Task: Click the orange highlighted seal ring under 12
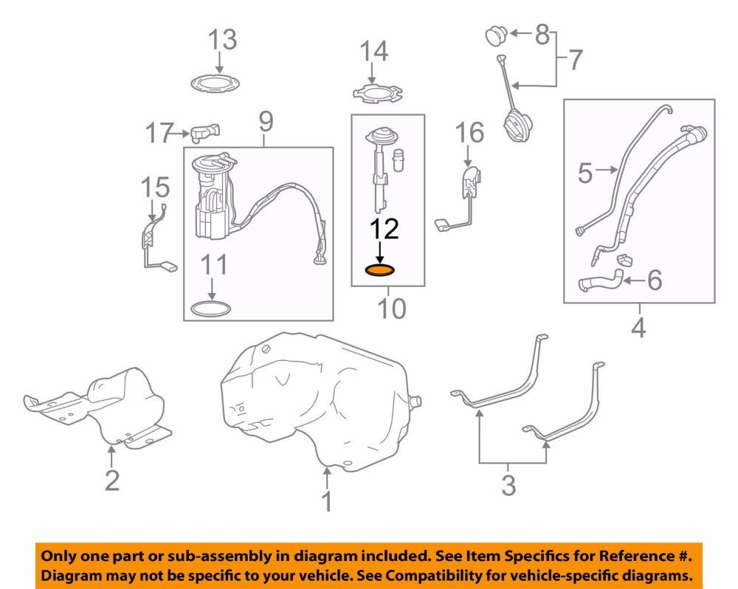(x=380, y=271)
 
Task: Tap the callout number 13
(x=222, y=40)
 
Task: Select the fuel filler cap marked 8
(x=496, y=36)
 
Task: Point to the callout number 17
(x=159, y=134)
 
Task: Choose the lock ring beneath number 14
(x=378, y=93)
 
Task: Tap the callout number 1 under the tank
(x=327, y=501)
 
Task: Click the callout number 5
(x=585, y=173)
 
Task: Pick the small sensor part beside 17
(x=205, y=133)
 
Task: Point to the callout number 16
(x=469, y=133)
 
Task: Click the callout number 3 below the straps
(x=508, y=486)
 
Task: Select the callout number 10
(x=392, y=309)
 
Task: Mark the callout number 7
(x=575, y=61)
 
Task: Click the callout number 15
(x=155, y=187)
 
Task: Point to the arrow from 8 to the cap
(x=521, y=33)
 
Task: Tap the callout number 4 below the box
(x=638, y=328)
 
